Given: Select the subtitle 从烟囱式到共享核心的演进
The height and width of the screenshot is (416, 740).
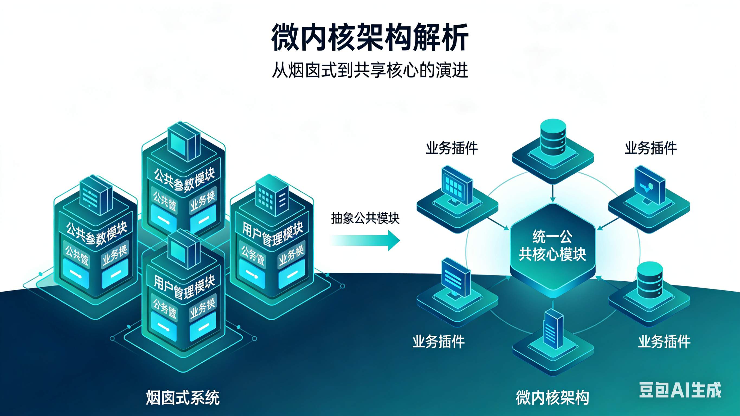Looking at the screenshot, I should point(370,70).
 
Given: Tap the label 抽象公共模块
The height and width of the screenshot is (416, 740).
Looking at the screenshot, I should point(365,219).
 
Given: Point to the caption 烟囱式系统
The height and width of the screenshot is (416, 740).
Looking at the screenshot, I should point(183,398).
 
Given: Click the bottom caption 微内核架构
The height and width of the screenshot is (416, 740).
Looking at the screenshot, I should point(552,398).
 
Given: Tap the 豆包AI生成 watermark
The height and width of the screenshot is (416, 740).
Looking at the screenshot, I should point(680,390).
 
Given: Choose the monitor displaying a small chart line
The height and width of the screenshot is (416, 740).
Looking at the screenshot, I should point(650,187).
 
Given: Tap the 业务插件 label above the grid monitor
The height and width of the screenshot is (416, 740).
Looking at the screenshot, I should point(452,148).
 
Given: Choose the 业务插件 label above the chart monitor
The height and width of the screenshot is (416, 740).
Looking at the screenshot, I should point(651,148).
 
